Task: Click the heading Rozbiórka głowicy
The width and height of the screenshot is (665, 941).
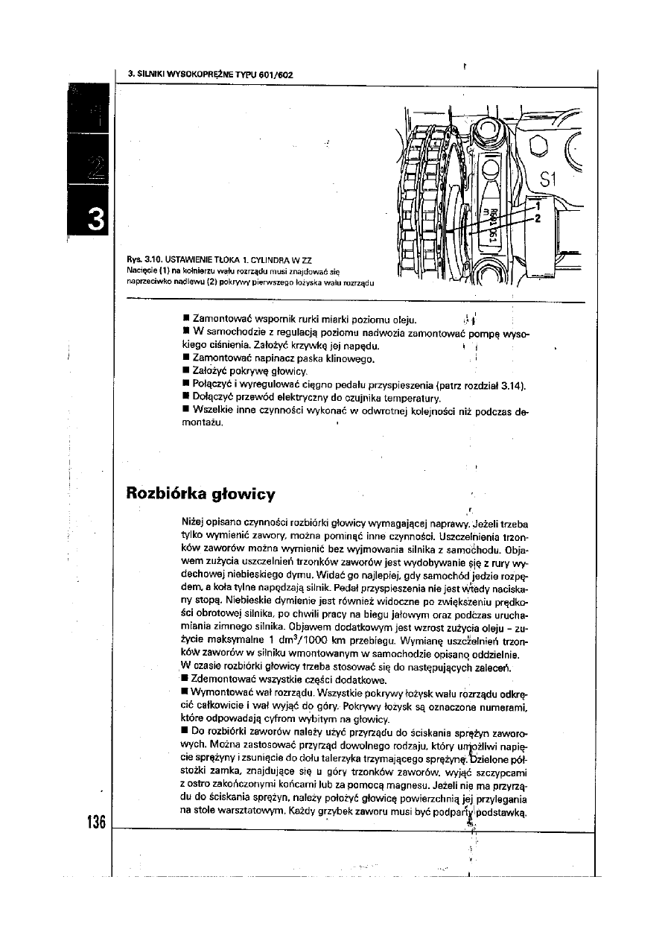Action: pos(201,493)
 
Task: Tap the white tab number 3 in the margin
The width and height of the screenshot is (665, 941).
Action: pos(95,220)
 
